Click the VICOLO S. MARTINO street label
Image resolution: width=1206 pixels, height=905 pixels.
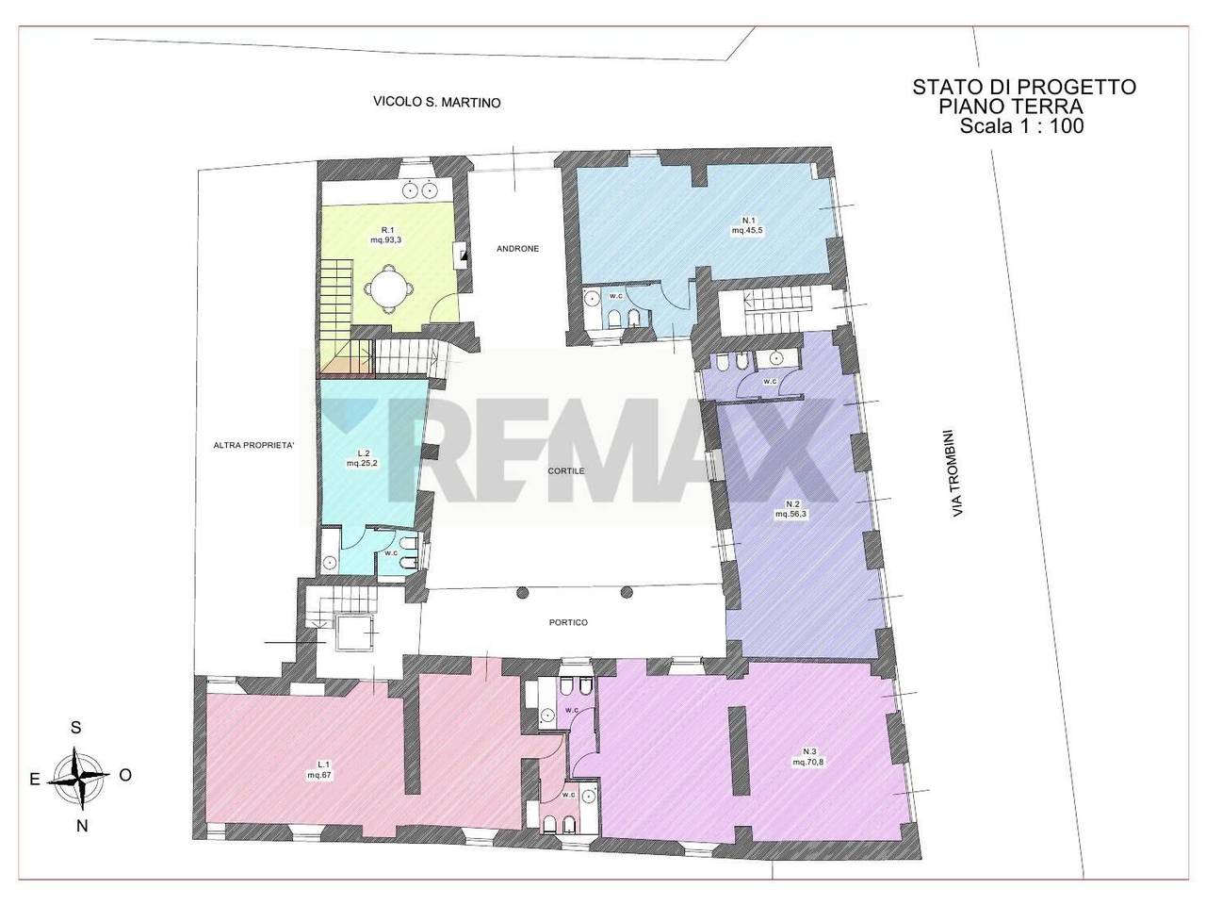coord(437,102)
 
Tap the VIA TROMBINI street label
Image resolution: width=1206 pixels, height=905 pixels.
coord(958,472)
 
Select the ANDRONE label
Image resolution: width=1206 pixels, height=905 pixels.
coord(517,248)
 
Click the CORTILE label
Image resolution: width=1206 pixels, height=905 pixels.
coord(566,471)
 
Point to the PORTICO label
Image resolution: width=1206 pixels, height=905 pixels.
coord(568,622)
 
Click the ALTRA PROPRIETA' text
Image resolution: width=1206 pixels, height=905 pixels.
coord(255,446)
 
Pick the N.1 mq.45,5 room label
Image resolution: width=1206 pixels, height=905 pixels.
coord(746,225)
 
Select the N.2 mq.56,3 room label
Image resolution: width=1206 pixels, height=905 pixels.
coord(790,509)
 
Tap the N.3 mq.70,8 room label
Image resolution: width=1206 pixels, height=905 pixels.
coord(807,757)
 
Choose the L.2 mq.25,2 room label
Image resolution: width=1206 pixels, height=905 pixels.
coord(362,458)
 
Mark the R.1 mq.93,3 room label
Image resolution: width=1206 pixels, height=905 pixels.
coord(386,235)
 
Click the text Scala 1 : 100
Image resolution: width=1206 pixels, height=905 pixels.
coord(1021,125)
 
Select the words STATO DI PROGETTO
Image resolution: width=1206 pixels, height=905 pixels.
coord(1024,87)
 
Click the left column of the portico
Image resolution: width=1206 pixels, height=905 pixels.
coord(522,593)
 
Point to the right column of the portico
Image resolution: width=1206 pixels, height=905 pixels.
coord(627,592)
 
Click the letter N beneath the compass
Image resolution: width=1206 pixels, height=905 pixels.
coord(82,826)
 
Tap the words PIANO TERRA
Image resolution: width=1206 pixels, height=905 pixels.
coord(1010,106)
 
